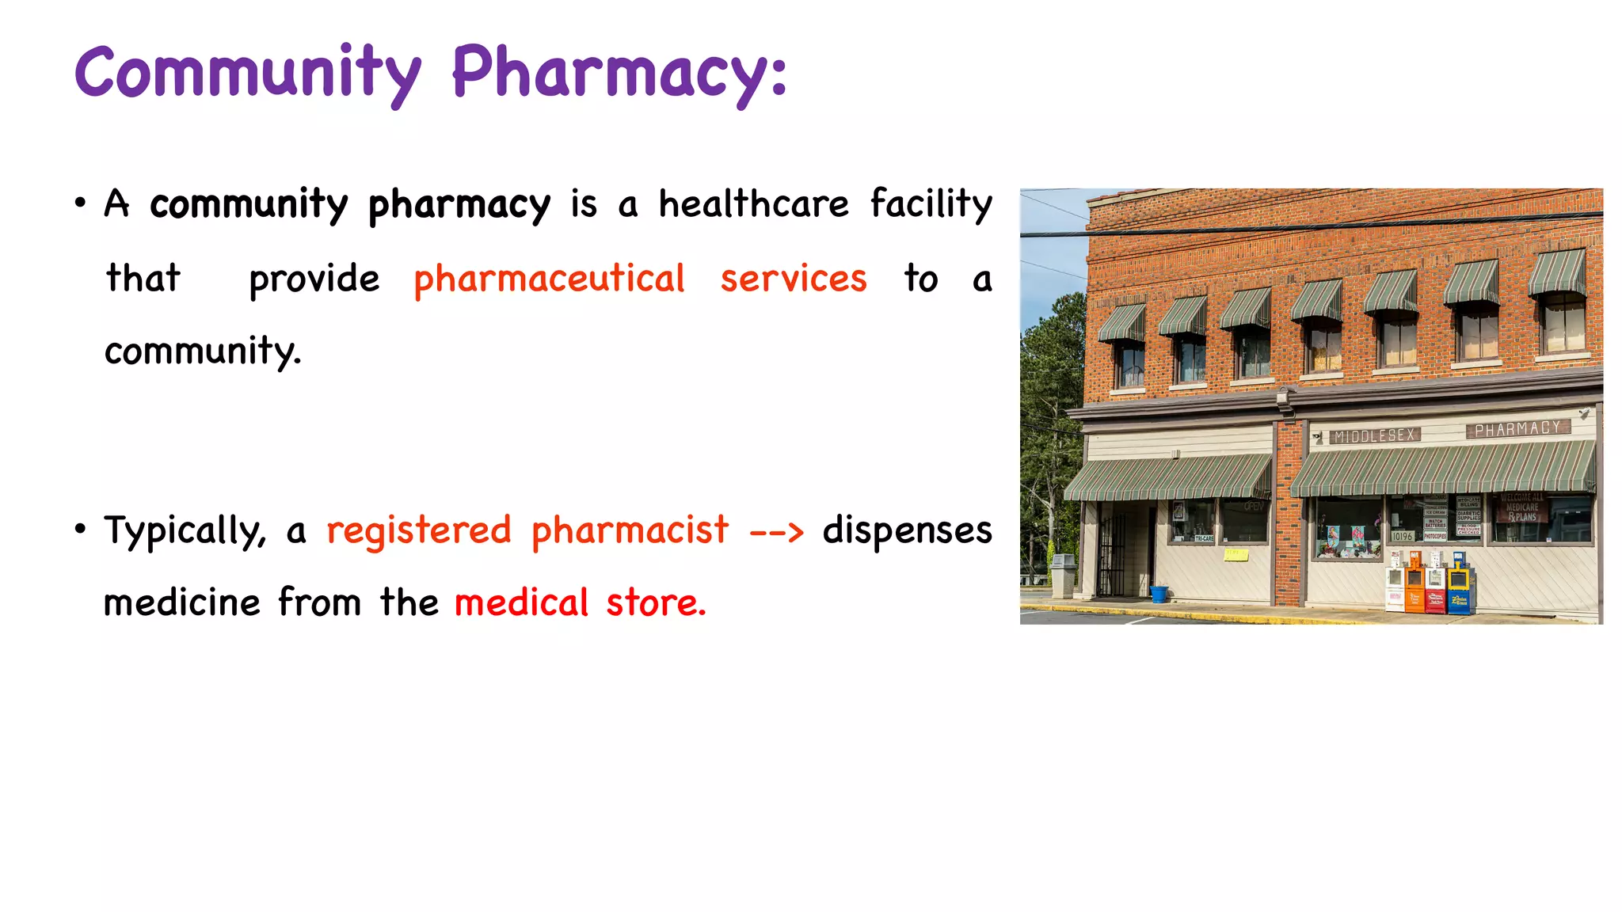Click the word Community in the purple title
(x=248, y=74)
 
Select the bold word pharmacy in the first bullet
(x=459, y=205)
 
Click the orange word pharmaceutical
(x=549, y=279)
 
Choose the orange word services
(x=793, y=279)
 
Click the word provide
(x=314, y=279)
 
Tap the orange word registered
(x=419, y=530)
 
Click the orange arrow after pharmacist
(x=776, y=531)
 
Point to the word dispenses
(x=907, y=530)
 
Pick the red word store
(x=655, y=602)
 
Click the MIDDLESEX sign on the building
(x=1375, y=435)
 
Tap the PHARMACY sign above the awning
(x=1517, y=429)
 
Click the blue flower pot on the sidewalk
(x=1159, y=594)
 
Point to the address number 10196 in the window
(x=1402, y=536)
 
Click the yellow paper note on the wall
(x=1236, y=555)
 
